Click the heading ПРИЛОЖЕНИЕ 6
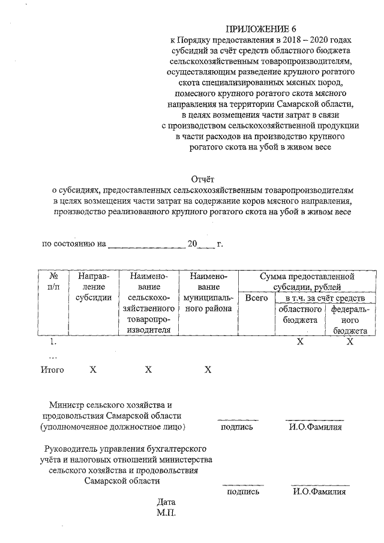pyautogui.click(x=261, y=29)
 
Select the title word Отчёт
pyautogui.click(x=202, y=179)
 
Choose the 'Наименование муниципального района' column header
pyautogui.click(x=208, y=292)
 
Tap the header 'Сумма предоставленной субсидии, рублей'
pyautogui.click(x=307, y=281)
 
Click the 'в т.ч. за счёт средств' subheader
pyautogui.click(x=325, y=298)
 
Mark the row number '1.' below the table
pyautogui.click(x=53, y=341)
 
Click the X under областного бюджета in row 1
pyautogui.click(x=300, y=341)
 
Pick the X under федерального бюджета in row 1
pyautogui.click(x=350, y=341)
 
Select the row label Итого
pyautogui.click(x=52, y=370)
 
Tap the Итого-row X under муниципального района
pyautogui.click(x=208, y=370)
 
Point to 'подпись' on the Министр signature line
pyautogui.click(x=236, y=427)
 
